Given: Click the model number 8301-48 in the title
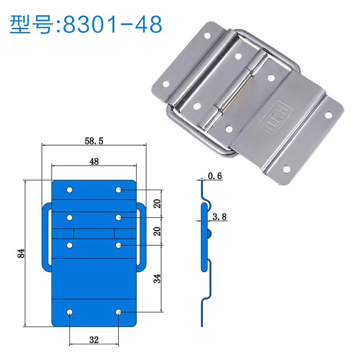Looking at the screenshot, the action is click(x=112, y=24).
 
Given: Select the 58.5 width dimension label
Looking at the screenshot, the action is click(x=94, y=141).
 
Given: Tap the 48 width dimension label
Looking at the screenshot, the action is click(x=94, y=162).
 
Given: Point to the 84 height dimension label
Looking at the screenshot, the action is click(x=21, y=253).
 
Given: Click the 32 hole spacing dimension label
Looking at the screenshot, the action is click(x=94, y=340).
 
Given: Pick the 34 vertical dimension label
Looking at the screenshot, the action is click(x=157, y=279).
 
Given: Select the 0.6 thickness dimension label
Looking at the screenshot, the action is click(x=215, y=176).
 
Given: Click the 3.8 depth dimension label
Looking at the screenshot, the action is click(x=220, y=216).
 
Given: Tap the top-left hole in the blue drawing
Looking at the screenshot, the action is click(x=70, y=190).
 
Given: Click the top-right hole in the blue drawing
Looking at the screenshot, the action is click(x=118, y=190).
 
